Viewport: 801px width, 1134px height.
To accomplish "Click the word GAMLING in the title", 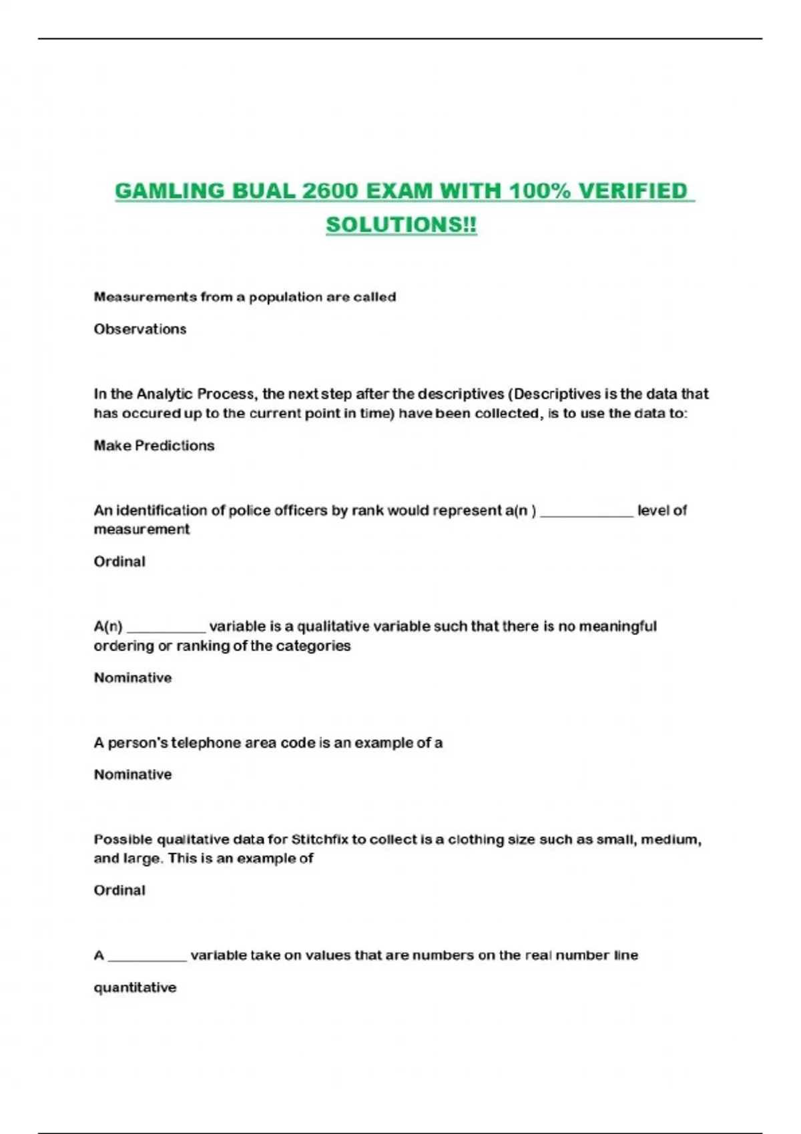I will point(170,191).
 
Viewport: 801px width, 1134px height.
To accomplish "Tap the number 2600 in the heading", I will point(330,191).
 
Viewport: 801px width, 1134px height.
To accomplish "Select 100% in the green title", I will point(539,191).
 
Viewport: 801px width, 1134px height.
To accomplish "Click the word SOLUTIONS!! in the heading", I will point(401,225).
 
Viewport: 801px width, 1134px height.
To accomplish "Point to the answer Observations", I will point(140,329).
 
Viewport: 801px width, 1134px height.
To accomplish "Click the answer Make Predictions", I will point(154,446).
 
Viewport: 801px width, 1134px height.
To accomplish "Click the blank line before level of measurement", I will point(586,514).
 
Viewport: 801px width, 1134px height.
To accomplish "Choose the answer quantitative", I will point(135,987).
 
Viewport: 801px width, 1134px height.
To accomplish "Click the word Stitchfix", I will point(320,839).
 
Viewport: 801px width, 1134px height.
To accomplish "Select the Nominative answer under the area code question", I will point(133,774).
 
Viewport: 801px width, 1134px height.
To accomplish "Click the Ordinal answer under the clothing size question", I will point(119,890).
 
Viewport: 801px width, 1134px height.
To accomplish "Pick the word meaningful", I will point(617,626).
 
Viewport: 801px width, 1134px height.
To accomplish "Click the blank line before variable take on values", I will point(148,959).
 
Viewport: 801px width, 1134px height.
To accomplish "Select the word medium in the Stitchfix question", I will point(670,839).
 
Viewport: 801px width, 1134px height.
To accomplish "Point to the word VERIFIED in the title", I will point(632,191).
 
